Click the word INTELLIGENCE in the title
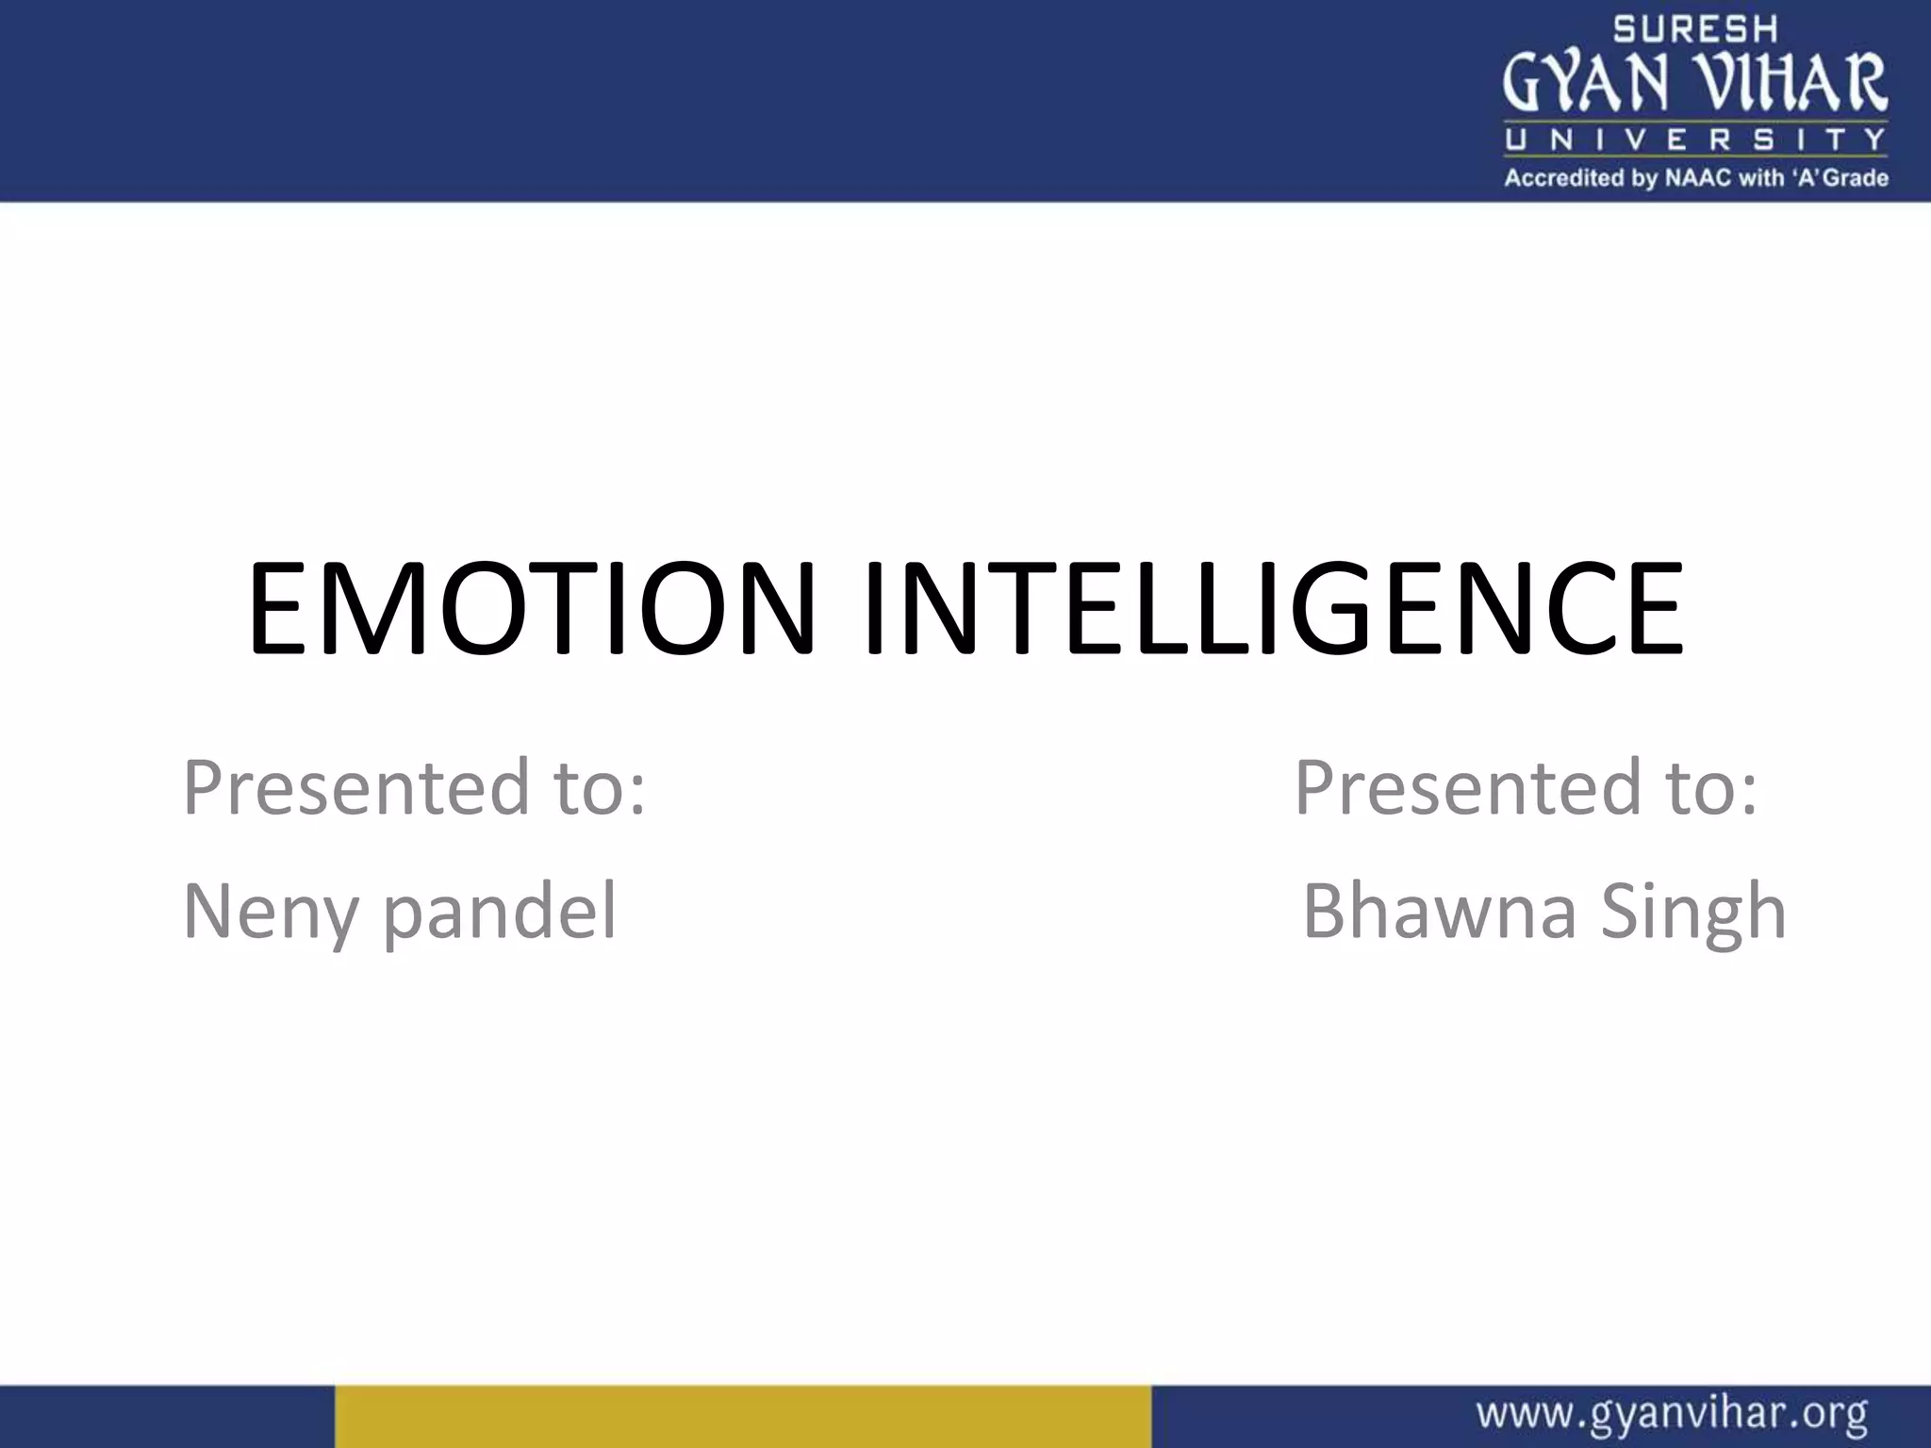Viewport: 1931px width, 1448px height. point(1273,608)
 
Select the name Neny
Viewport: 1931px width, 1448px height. point(270,912)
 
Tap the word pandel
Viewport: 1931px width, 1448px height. point(500,912)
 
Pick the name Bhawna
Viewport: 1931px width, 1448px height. point(1439,912)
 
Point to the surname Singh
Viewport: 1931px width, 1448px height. point(1693,912)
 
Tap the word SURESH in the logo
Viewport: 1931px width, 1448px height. point(1695,29)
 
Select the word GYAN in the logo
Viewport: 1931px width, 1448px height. point(1585,82)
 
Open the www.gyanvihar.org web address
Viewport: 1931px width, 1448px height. point(1672,1415)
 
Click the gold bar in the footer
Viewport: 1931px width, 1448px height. point(743,1416)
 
